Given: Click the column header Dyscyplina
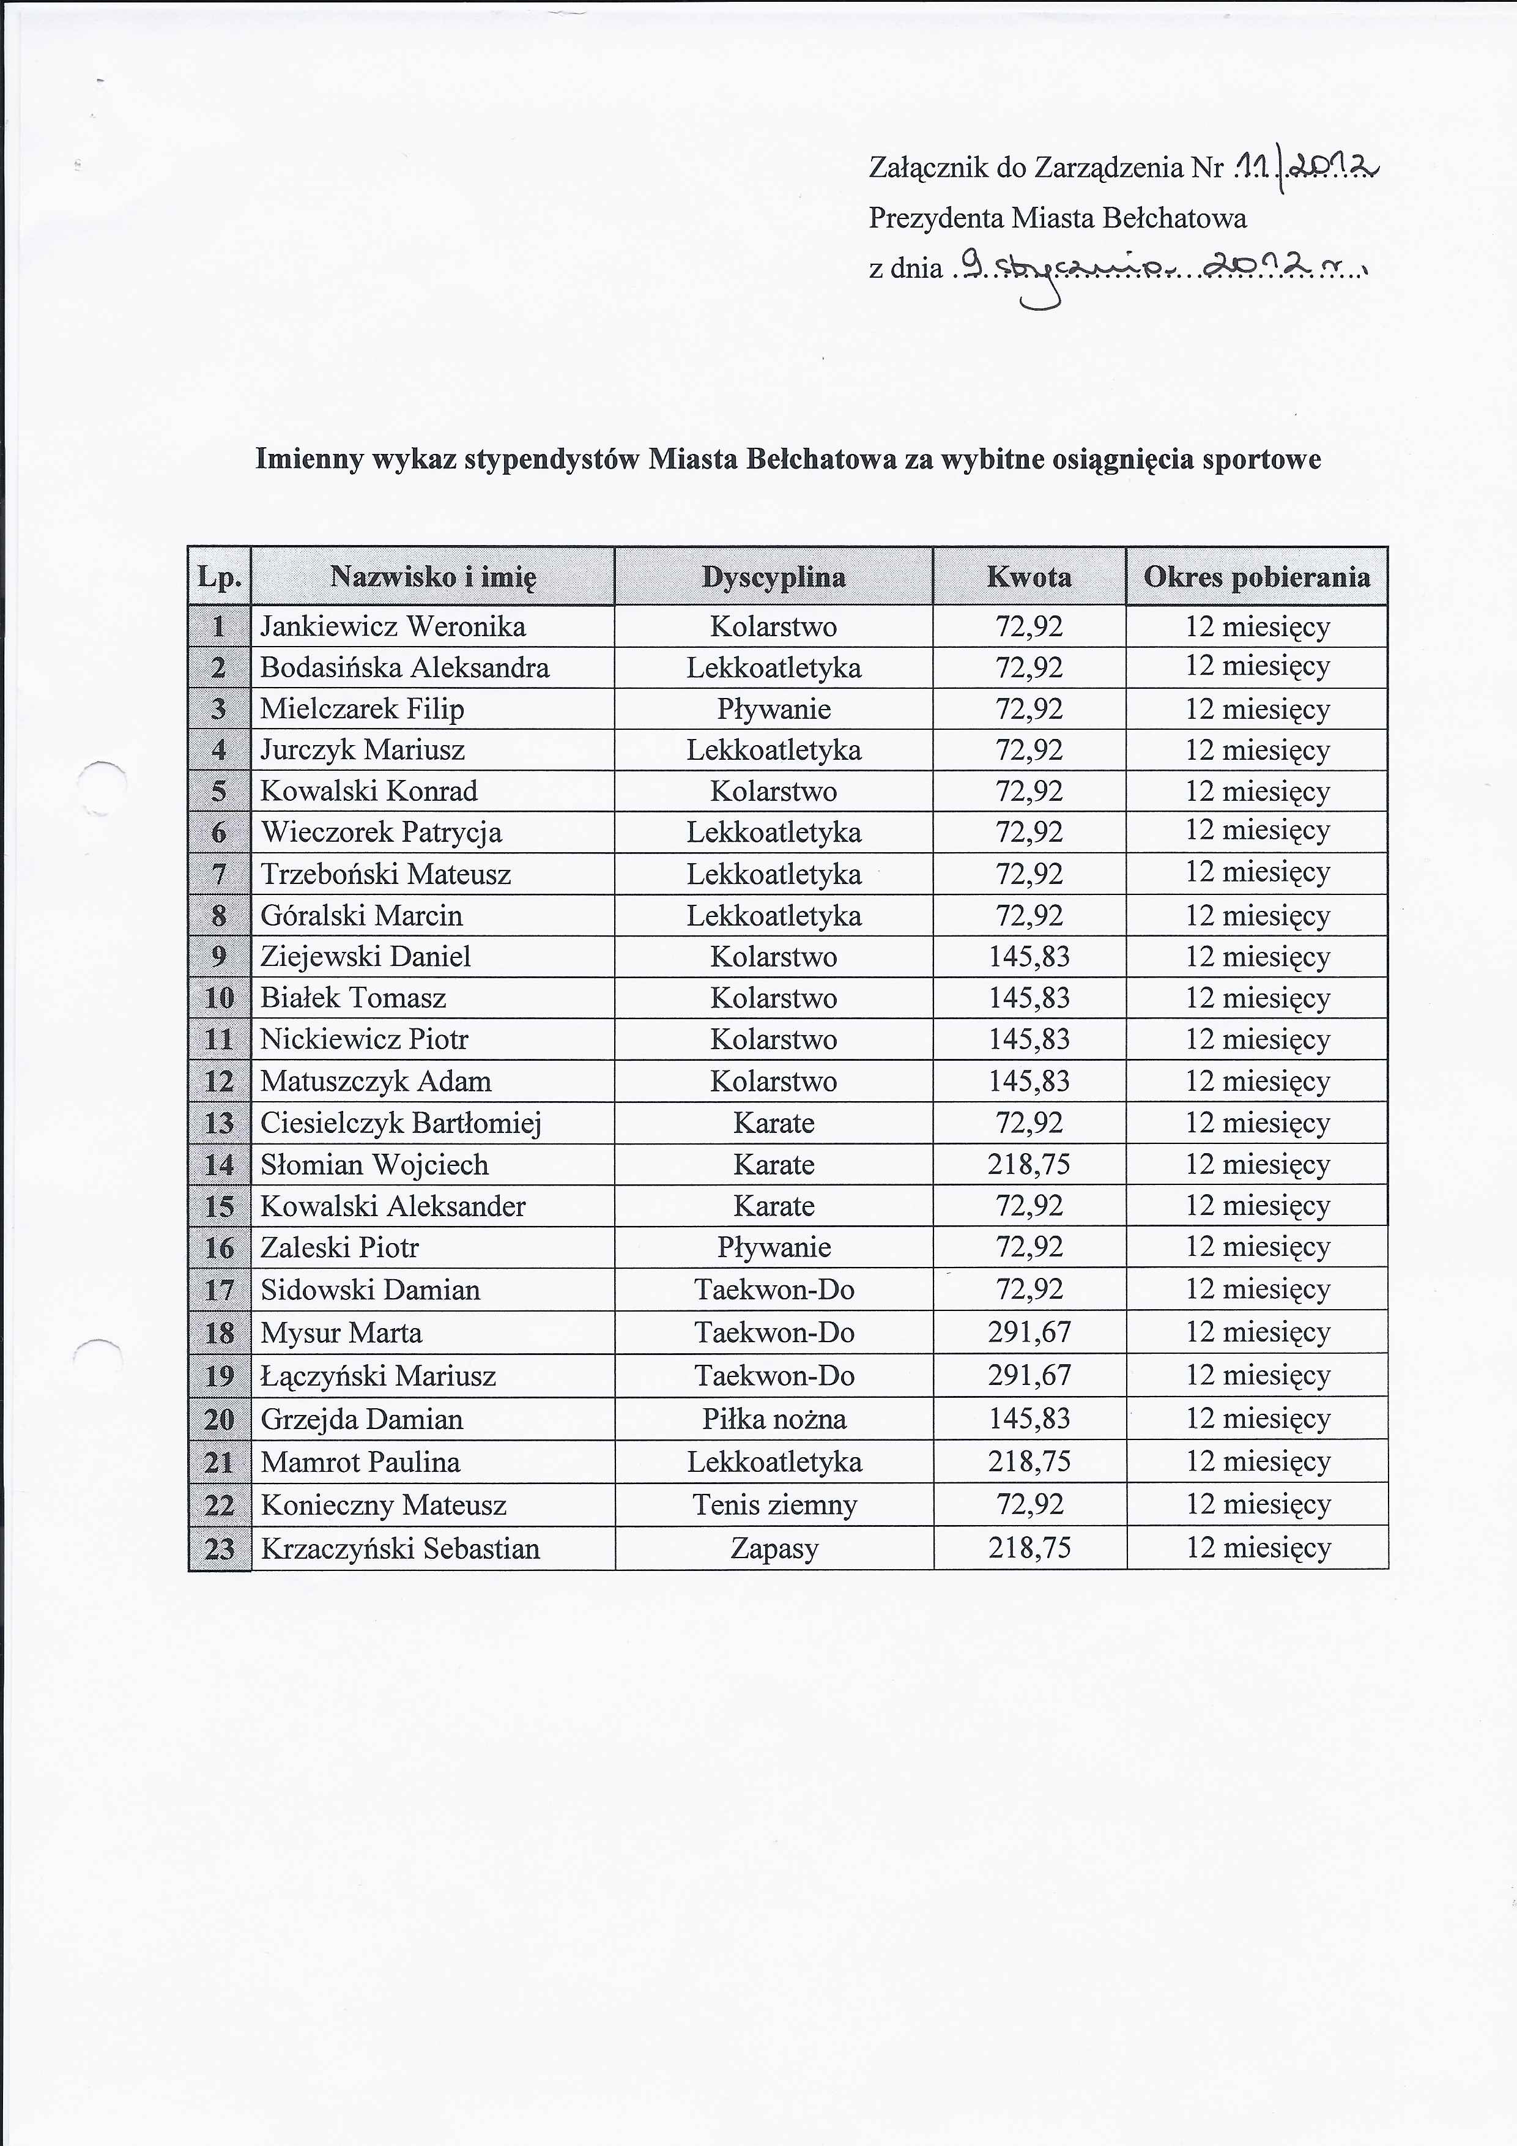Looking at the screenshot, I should [773, 577].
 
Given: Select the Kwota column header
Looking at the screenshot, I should [1028, 577].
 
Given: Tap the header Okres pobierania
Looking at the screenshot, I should [1256, 577].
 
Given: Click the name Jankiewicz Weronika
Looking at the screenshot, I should [393, 626].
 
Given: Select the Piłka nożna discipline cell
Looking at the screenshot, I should [774, 1419].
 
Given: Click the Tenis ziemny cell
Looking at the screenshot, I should [774, 1505].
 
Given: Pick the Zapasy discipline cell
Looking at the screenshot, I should [774, 1549].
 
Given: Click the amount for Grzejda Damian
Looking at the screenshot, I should [1029, 1419].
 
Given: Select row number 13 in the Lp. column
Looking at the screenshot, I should [219, 1123].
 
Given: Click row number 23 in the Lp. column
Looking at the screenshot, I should [219, 1549].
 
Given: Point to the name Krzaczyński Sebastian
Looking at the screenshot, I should [400, 1549].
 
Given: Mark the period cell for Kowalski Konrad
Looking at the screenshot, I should [1257, 792].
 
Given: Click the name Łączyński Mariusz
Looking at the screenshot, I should [377, 1376].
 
